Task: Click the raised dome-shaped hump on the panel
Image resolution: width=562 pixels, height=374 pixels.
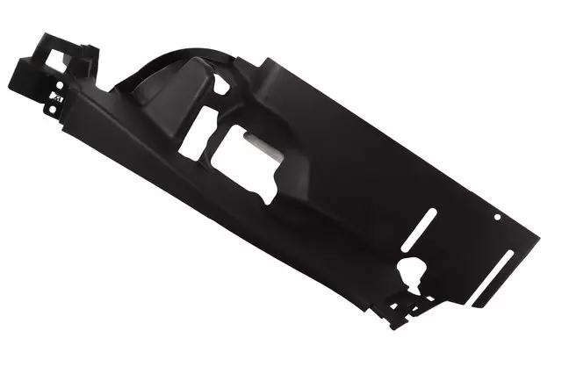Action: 176,101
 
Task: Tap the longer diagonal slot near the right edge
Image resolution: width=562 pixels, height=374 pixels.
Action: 493,277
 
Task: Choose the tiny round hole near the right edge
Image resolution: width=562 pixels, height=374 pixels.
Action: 497,216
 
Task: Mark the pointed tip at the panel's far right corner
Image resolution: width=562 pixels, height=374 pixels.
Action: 537,232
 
